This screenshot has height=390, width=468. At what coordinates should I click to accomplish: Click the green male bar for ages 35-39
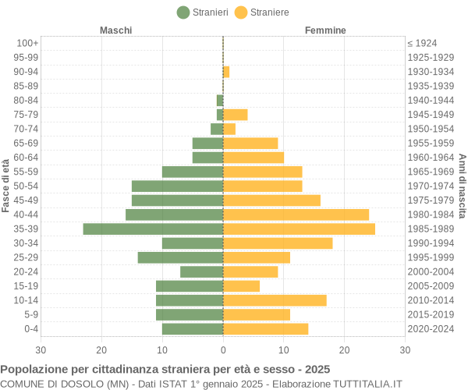153,229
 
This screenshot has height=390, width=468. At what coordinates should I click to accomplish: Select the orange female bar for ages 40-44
296,214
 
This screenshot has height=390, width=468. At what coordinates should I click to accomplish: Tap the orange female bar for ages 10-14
275,300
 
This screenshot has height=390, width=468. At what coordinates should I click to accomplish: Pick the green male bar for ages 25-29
180,257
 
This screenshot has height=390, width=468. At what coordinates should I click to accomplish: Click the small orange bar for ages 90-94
226,72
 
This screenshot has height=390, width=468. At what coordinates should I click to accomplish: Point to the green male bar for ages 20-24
201,271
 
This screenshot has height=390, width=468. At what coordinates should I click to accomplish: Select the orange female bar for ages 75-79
236,115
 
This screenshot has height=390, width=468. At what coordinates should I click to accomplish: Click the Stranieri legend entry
203,12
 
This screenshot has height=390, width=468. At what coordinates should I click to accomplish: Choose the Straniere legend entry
262,12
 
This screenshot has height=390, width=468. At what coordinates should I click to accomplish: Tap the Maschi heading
115,30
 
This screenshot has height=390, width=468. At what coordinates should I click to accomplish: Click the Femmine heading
325,30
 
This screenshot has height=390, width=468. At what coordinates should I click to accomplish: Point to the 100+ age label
27,43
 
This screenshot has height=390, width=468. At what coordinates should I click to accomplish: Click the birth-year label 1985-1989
430,229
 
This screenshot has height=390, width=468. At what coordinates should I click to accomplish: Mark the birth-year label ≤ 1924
422,43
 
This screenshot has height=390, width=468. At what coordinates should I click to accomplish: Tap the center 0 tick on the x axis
223,350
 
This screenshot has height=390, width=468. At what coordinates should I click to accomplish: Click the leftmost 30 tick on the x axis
41,350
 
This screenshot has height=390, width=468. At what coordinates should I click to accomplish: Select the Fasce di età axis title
6,186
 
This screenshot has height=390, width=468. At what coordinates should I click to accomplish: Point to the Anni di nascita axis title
462,186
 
